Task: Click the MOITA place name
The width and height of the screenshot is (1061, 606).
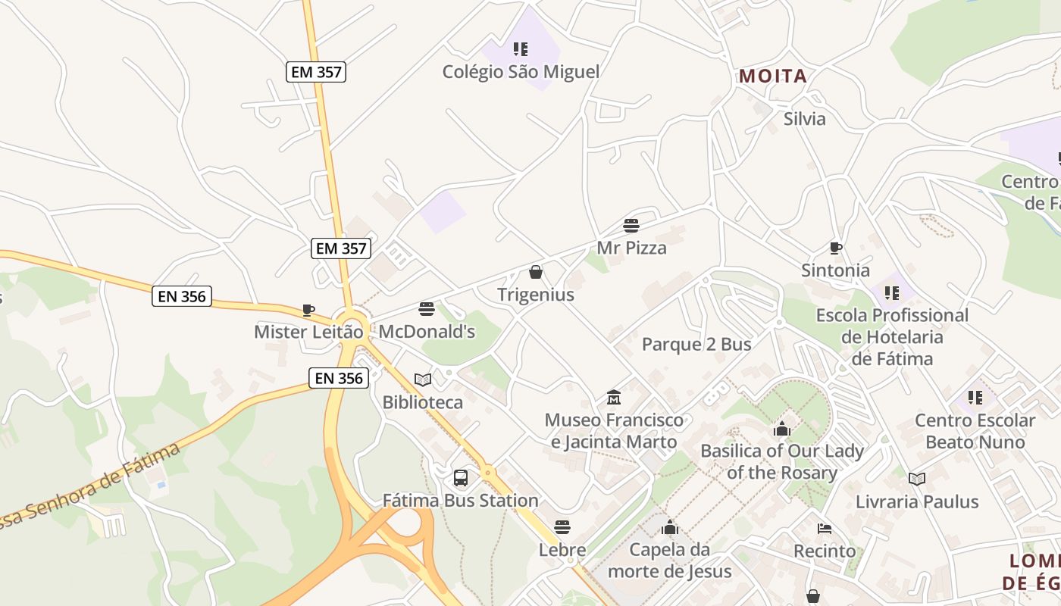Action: [x=773, y=77]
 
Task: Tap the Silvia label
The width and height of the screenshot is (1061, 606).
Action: [x=804, y=119]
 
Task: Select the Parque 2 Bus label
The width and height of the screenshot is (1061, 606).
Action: [x=696, y=345]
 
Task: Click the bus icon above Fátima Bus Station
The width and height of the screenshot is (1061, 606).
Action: [x=461, y=478]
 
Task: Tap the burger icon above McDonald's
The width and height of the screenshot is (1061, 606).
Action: [x=427, y=309]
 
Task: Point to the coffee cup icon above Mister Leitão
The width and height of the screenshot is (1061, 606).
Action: [x=308, y=310]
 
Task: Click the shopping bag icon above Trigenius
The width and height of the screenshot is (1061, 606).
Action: [x=536, y=272]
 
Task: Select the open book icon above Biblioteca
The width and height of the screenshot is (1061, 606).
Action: [x=423, y=380]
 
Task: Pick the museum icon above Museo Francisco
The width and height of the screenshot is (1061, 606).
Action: [x=614, y=398]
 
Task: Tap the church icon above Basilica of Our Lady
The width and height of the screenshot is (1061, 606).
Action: [x=782, y=430]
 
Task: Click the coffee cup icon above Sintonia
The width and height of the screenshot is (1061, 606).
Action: [x=836, y=248]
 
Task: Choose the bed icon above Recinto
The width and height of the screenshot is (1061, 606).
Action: [x=825, y=529]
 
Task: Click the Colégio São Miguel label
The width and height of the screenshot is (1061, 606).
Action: [x=521, y=72]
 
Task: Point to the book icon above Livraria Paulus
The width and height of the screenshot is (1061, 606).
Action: [x=917, y=479]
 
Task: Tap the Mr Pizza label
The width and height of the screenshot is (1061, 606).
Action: [x=631, y=248]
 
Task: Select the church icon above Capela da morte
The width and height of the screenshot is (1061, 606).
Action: [x=670, y=527]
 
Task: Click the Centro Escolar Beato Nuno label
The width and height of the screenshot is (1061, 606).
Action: [x=975, y=431]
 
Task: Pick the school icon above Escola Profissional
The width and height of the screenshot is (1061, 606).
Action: [x=892, y=292]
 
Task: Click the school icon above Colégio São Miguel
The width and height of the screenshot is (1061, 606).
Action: [x=521, y=49]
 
